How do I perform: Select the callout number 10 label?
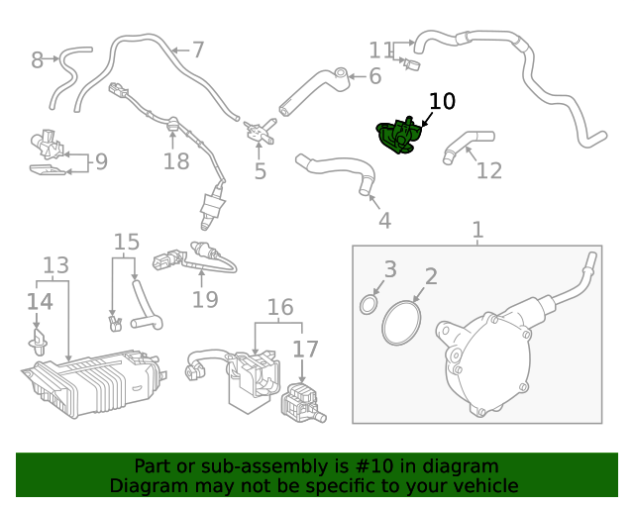[442, 102]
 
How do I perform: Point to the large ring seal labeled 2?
[400, 324]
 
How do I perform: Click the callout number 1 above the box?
[477, 230]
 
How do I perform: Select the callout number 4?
[384, 221]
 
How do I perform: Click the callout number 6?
[375, 76]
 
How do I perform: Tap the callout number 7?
[198, 49]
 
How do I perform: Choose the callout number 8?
[38, 60]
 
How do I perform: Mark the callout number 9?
[101, 161]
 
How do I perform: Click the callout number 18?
[176, 161]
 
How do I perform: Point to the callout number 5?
[260, 171]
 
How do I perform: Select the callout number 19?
[204, 298]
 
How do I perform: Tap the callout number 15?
[126, 243]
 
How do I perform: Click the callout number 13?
[55, 265]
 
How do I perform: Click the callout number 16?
[280, 307]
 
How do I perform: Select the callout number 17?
[305, 349]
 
